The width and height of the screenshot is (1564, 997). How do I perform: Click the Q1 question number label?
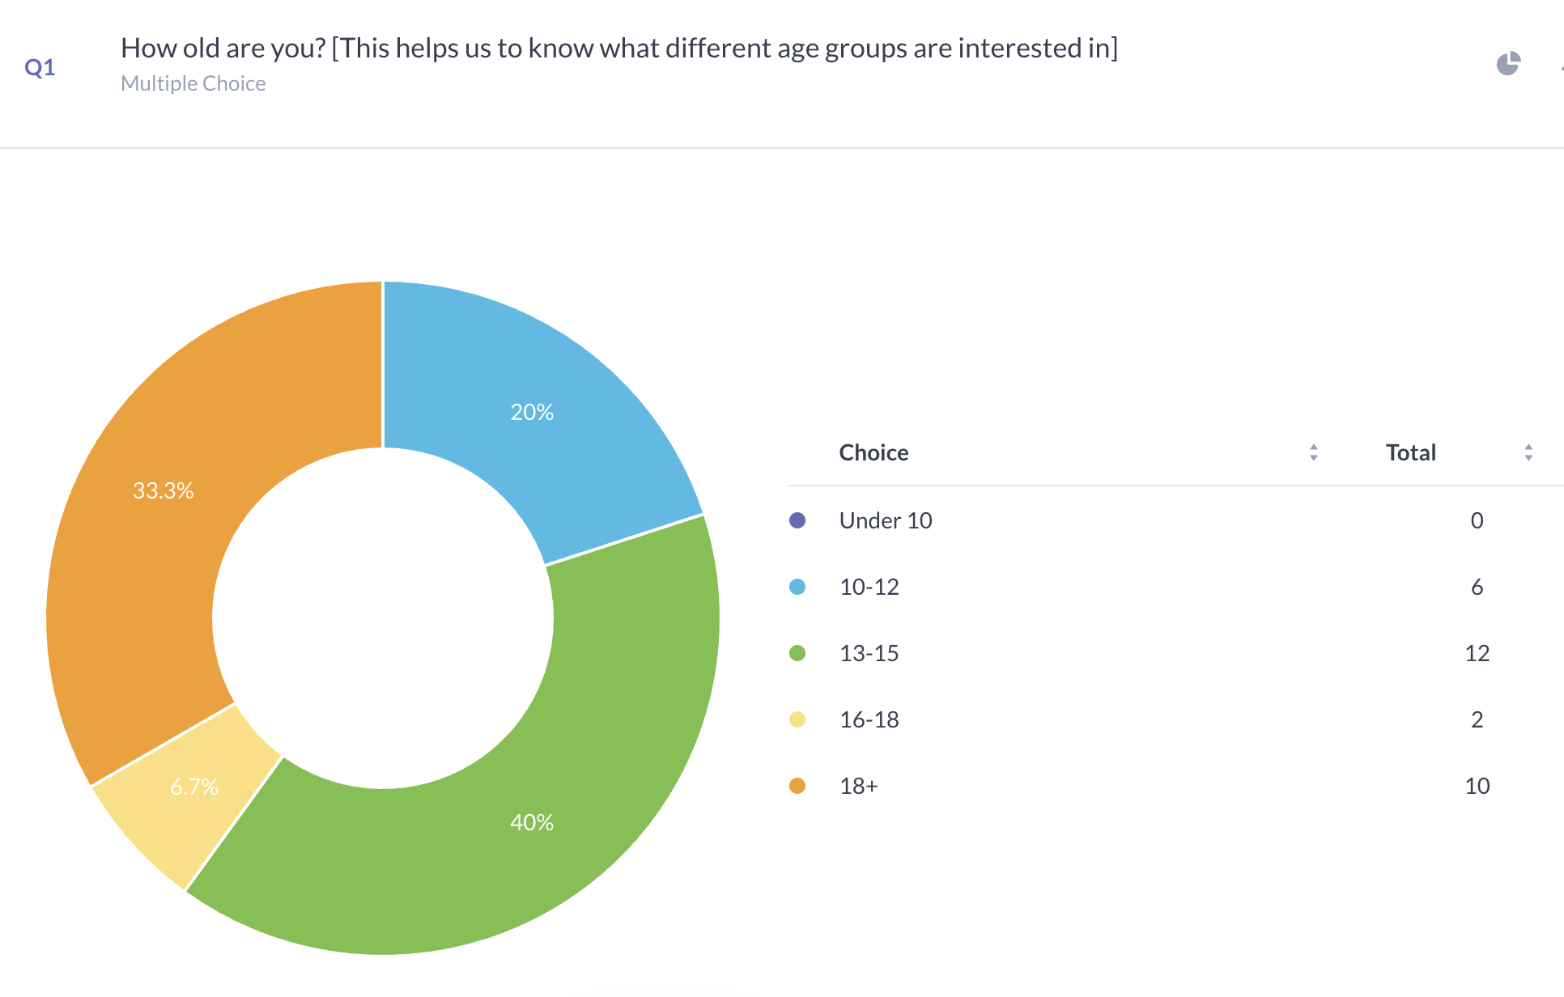40,67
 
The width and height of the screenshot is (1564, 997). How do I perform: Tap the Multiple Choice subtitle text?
193,83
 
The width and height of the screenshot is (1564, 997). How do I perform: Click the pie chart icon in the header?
1507,64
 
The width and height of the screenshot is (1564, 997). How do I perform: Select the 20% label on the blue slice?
532,413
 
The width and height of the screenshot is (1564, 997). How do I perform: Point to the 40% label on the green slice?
532,823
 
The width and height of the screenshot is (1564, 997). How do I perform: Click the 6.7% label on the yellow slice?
194,787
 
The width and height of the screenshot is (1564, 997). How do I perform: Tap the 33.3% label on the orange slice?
163,490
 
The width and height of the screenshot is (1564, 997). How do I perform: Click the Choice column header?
873,452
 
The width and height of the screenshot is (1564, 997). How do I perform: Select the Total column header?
1410,452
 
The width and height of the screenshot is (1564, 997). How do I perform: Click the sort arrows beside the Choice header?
1313,452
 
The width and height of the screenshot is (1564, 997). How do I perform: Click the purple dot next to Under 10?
797,520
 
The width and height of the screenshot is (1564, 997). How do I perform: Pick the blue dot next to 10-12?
797,587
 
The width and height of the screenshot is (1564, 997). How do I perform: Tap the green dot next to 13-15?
797,653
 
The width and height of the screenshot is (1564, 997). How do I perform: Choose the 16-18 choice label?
869,719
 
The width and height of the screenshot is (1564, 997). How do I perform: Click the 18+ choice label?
858,786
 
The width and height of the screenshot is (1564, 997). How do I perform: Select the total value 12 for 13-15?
1477,653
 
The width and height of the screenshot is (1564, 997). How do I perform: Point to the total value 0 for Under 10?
1477,520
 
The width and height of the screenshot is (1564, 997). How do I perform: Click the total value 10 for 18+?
1477,786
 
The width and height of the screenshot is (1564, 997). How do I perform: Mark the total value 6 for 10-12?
1477,587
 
